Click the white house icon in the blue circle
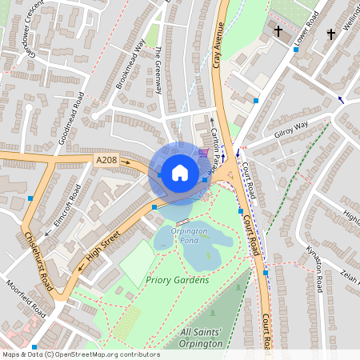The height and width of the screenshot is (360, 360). pos(180,172)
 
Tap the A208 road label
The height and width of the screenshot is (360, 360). pos(106,160)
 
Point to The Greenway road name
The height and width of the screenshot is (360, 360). pos(158,70)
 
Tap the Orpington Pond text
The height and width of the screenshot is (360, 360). pos(190,235)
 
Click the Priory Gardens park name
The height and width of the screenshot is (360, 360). pos(177,280)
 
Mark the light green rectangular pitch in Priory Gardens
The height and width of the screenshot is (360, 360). pos(137,261)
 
